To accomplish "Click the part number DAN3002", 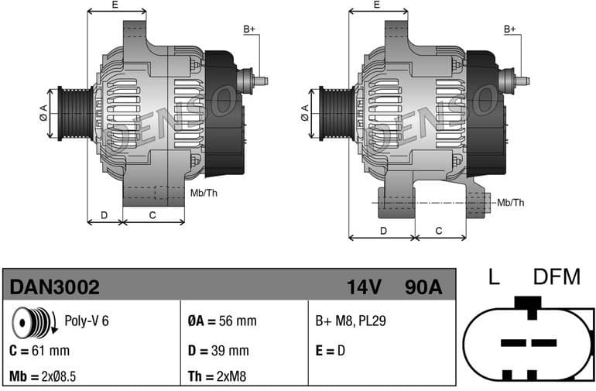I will [54, 287].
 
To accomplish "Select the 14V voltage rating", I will [365, 287].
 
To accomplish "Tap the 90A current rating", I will [423, 287].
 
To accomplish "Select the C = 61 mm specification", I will [39, 350].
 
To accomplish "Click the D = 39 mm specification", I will [218, 350].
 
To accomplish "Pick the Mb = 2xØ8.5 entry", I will [43, 377].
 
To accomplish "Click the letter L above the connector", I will [493, 277].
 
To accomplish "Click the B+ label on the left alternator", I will [248, 29].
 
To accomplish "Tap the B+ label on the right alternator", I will [509, 29].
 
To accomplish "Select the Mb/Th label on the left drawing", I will [204, 193].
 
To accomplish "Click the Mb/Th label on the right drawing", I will [510, 203].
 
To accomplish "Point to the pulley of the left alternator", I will [76, 113].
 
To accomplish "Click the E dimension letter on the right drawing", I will [376, 5].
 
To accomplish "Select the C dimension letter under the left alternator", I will [152, 214].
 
